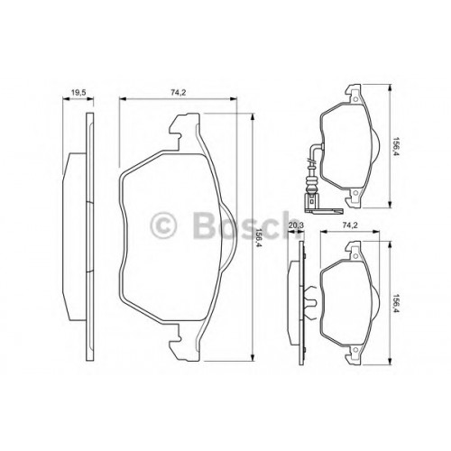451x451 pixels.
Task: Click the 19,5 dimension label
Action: tap(78, 93)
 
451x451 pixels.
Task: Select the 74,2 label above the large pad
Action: tap(179, 93)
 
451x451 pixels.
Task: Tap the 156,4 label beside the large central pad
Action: tap(258, 237)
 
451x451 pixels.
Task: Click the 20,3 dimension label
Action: tap(296, 225)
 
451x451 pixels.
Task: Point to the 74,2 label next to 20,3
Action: tap(350, 225)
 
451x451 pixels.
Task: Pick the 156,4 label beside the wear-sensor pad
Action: tap(396, 146)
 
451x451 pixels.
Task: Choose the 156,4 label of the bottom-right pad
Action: tap(396, 304)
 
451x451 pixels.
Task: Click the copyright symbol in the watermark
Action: tap(162, 225)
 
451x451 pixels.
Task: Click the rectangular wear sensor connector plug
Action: tap(310, 201)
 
